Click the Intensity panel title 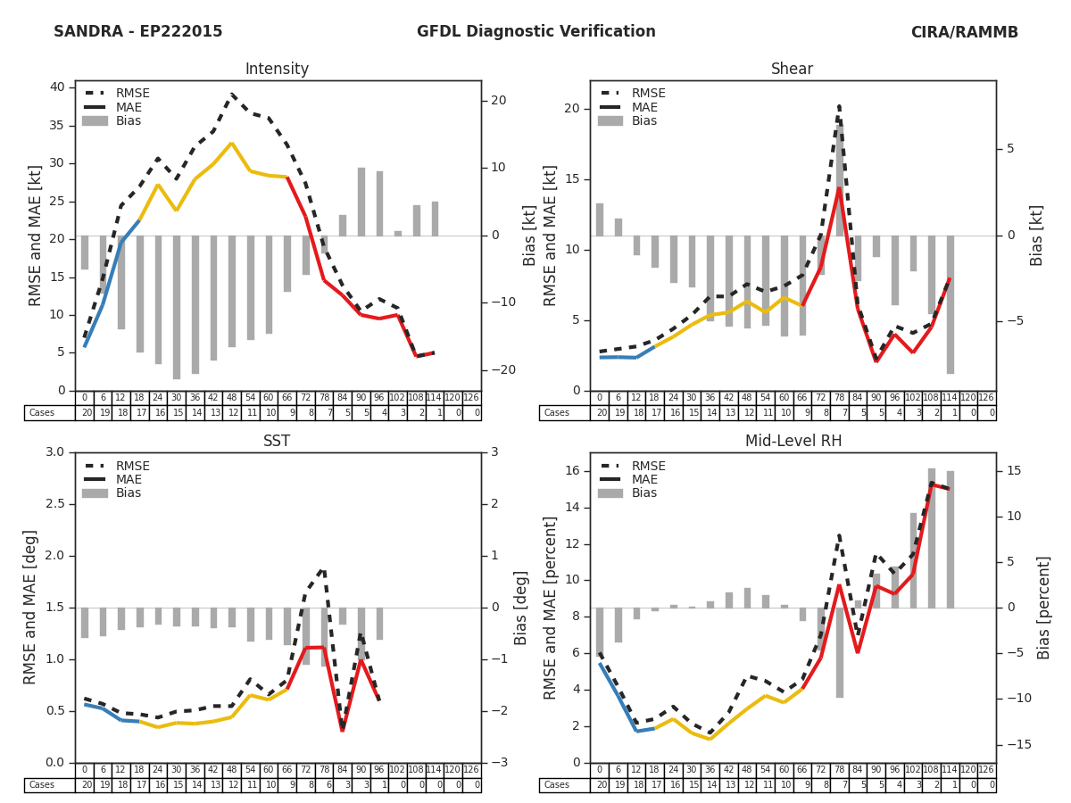[277, 70]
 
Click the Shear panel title [792, 70]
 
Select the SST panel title [277, 442]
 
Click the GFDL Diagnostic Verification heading [535, 32]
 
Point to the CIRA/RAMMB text [964, 32]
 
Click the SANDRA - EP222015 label [138, 32]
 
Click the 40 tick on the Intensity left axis [57, 87]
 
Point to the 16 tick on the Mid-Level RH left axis [572, 471]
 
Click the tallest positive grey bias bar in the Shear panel [840, 178]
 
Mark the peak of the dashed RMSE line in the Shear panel [839, 107]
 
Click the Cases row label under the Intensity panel [42, 413]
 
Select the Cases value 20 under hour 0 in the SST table [85, 785]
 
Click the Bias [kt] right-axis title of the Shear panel [1036, 236]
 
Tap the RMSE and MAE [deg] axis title [31, 607]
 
